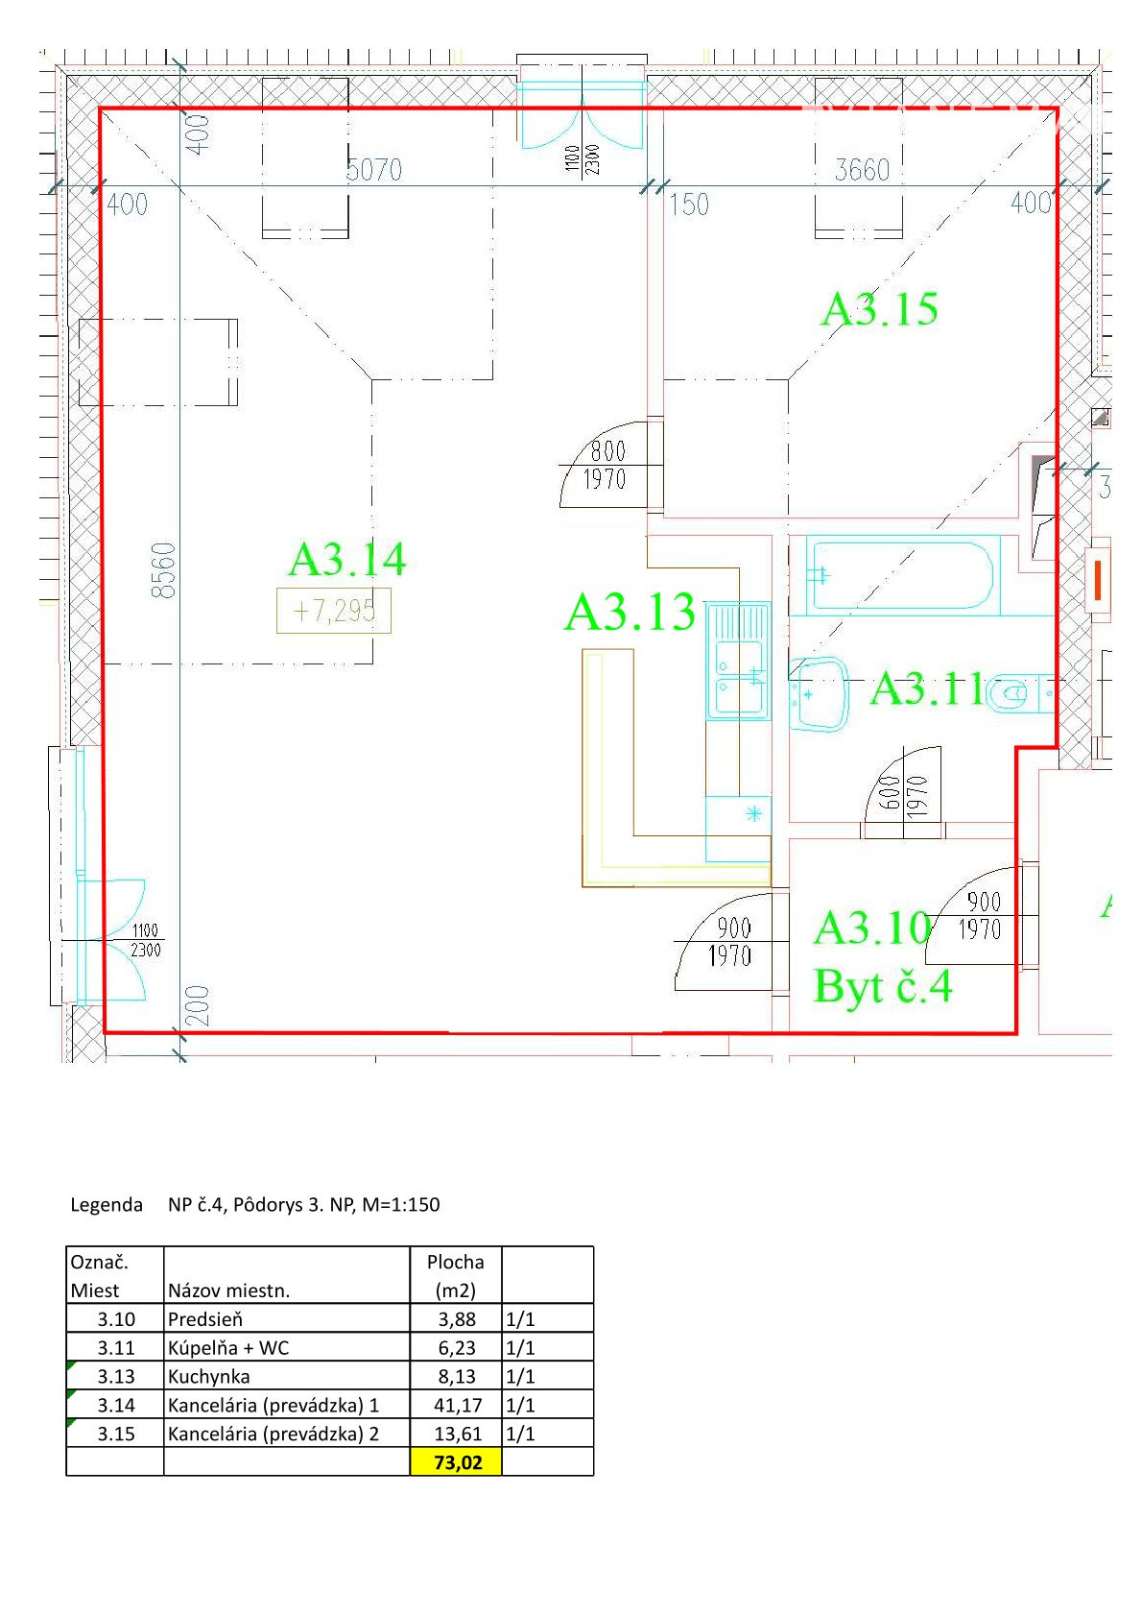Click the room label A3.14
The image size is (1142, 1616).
[346, 559]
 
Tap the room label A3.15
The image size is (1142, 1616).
[880, 309]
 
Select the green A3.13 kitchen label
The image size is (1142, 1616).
[630, 612]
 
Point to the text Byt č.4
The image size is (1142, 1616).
[883, 985]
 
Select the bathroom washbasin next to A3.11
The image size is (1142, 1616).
[819, 693]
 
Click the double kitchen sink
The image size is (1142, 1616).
[738, 661]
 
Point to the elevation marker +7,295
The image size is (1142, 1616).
[334, 611]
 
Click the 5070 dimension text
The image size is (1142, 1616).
[373, 170]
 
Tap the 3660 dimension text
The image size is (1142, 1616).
[863, 170]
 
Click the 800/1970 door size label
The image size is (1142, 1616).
[606, 466]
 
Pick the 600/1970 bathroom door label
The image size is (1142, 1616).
[903, 797]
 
